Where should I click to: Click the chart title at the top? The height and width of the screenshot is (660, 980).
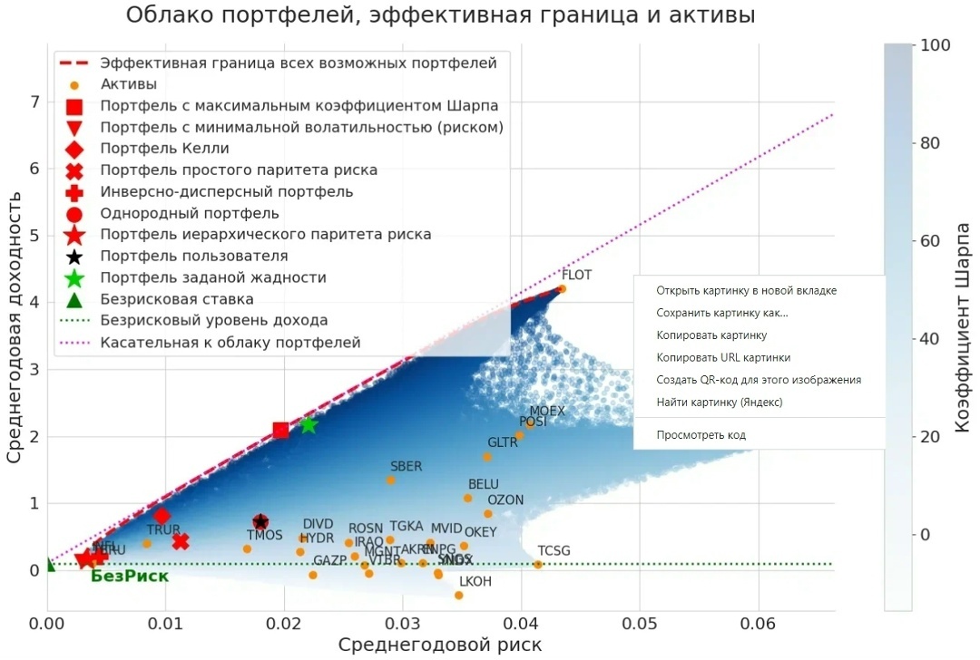(x=440, y=15)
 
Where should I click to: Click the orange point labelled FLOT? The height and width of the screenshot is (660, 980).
(x=562, y=288)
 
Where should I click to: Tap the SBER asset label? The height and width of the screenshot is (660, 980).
(x=406, y=467)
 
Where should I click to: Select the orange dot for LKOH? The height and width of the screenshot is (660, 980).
(x=459, y=596)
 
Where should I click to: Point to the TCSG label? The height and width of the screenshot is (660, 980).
(x=554, y=551)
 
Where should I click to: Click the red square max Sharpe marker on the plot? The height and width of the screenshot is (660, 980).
(x=280, y=430)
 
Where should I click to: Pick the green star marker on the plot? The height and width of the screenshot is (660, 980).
(x=309, y=424)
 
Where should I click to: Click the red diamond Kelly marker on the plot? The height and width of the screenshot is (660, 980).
(x=162, y=515)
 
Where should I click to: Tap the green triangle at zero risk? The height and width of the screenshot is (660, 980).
(x=48, y=566)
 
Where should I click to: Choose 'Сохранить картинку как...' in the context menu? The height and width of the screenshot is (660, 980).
(x=721, y=313)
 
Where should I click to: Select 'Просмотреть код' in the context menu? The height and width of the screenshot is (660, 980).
(x=701, y=435)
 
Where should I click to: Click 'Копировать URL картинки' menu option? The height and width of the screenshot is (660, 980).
(x=722, y=357)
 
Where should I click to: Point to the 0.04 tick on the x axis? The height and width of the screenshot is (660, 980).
(x=521, y=625)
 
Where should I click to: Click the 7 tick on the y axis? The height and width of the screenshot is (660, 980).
(x=34, y=102)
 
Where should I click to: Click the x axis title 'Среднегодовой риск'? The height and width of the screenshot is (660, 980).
(x=440, y=645)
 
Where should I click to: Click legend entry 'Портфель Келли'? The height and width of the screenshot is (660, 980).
(x=164, y=149)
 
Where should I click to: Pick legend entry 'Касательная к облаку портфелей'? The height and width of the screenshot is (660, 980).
(x=230, y=343)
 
